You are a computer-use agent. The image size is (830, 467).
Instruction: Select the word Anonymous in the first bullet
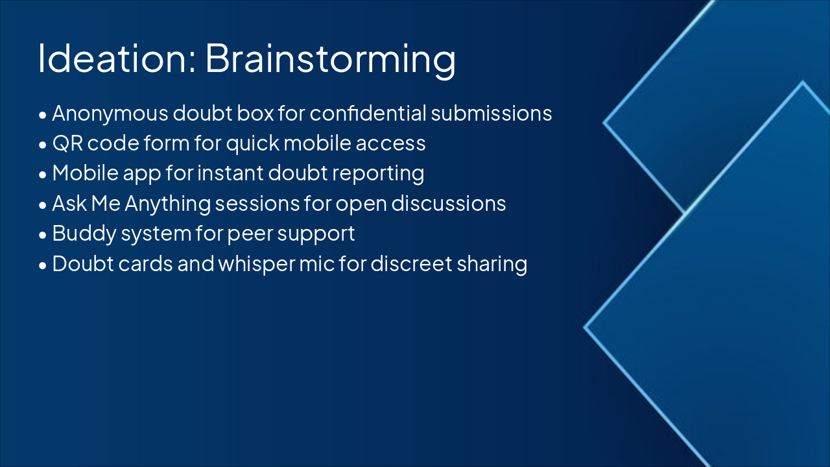pos(110,114)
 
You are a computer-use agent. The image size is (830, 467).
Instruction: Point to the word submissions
pos(492,113)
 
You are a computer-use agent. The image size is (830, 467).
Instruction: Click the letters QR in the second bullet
pos(67,143)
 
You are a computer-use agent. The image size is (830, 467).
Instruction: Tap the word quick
pos(253,144)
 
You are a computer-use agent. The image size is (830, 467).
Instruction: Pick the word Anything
pos(167,204)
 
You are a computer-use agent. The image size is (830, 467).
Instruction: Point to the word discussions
pos(448,203)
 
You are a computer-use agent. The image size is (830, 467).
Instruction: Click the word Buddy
pos(84,234)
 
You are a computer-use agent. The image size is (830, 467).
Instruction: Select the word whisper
pos(256,265)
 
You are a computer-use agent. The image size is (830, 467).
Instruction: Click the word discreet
pos(411,263)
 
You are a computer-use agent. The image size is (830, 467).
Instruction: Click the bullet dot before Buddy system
pos(43,235)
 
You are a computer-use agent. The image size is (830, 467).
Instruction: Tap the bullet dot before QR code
pos(43,145)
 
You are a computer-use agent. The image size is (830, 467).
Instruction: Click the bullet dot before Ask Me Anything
pos(43,205)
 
